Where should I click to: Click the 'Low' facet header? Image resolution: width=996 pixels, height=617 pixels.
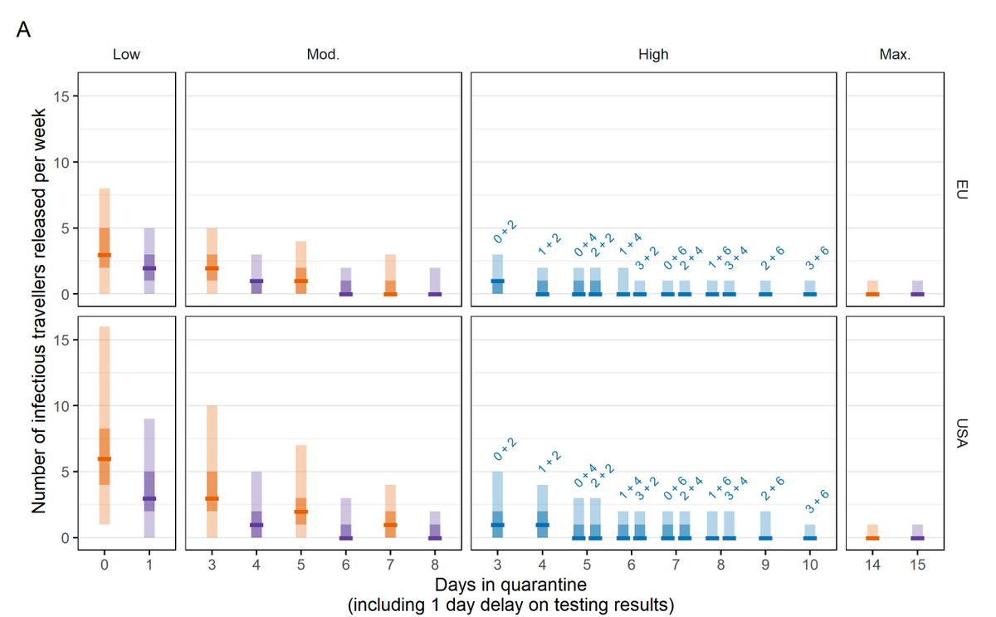[127, 56]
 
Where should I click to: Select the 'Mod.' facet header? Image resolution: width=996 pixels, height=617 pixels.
[323, 56]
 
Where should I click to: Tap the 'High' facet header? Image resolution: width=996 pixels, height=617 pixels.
[653, 56]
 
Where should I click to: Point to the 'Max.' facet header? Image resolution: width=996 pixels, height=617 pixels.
[895, 56]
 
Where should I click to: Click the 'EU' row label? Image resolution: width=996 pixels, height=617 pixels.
[960, 190]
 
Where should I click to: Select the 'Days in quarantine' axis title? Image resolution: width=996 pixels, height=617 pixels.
[510, 585]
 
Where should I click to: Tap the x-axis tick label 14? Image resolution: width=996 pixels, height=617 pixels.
[872, 565]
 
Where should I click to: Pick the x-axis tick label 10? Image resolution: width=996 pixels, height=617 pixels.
[810, 565]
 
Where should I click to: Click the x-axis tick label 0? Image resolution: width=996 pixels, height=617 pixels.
[105, 565]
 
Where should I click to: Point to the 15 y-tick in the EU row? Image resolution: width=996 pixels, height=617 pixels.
[63, 96]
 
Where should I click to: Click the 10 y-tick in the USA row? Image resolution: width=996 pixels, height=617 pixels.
[63, 406]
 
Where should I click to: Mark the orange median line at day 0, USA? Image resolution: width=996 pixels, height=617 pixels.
[105, 458]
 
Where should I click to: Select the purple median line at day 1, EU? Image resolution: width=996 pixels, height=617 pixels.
[149, 268]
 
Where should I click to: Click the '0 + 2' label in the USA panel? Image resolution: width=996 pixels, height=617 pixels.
[505, 448]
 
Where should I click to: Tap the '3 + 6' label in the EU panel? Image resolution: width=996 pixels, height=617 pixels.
[817, 259]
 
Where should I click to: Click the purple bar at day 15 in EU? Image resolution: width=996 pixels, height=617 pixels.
[917, 287]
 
